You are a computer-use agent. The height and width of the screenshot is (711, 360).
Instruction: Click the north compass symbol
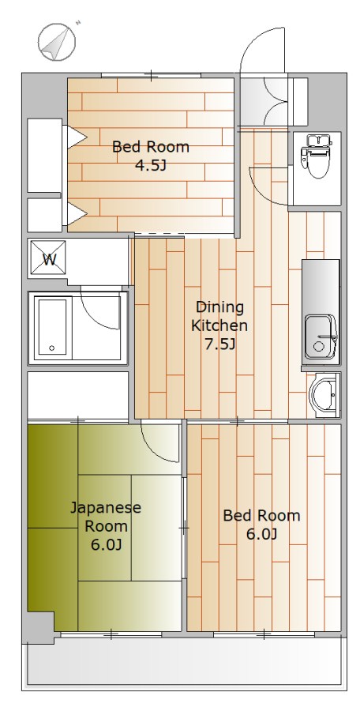57,42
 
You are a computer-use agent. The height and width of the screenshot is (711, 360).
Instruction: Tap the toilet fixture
316,157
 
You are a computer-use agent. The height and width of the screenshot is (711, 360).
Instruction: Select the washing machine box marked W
48,259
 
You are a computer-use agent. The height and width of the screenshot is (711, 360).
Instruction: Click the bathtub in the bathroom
54,326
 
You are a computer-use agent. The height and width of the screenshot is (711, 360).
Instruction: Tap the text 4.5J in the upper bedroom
151,166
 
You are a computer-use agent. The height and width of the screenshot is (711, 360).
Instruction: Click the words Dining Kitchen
219,317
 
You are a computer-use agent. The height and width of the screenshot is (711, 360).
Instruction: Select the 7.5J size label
220,344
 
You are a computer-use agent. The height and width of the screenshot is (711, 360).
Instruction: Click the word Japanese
106,508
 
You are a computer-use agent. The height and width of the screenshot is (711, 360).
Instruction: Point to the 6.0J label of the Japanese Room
106,544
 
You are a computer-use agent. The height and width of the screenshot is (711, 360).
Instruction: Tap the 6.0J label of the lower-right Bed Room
261,535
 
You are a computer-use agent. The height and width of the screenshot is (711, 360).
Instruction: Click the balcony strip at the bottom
184,660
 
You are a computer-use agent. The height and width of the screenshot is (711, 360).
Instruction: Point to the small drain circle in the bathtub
51,348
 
